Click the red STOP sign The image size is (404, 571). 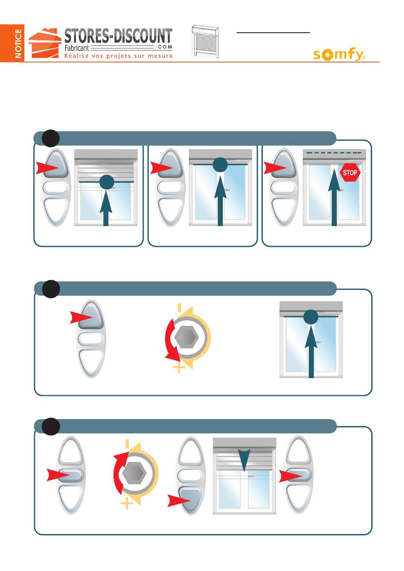tap(350, 172)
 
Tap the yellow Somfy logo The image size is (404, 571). tap(339, 54)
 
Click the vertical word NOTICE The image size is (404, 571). tap(18, 44)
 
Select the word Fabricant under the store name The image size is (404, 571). tap(77, 48)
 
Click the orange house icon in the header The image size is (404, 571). tap(45, 43)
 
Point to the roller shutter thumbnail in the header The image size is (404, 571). tap(205, 42)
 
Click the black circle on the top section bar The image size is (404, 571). tap(51, 138)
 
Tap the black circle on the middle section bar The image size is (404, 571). tap(51, 289)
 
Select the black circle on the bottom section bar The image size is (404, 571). tap(51, 426)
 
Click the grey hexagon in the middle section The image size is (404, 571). tap(187, 337)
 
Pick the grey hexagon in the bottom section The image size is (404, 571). tap(134, 473)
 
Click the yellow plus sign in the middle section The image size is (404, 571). tap(179, 367)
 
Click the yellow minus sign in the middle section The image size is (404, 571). tap(179, 307)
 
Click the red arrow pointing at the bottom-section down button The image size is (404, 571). tap(179, 500)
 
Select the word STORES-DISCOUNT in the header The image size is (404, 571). tap(118, 36)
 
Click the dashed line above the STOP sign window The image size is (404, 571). tap(334, 153)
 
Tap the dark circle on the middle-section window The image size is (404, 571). tap(311, 317)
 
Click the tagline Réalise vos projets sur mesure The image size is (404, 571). tap(118, 56)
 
